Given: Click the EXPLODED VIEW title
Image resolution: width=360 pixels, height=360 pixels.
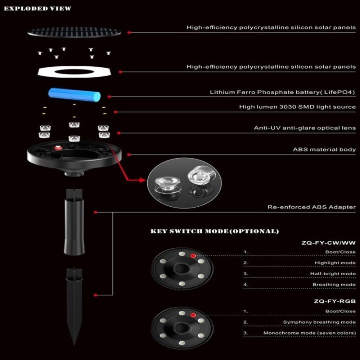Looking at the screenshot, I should coord(37,8).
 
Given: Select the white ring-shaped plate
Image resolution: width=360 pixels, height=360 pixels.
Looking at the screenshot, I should coord(74,72).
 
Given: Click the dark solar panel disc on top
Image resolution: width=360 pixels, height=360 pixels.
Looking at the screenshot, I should coord(74,31).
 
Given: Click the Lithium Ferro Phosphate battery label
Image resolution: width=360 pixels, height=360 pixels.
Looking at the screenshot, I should coord(283,92).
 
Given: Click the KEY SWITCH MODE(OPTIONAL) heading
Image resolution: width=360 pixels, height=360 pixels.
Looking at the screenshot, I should coord(214,231).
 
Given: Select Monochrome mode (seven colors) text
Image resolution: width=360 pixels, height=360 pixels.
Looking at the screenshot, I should coord(310,333).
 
